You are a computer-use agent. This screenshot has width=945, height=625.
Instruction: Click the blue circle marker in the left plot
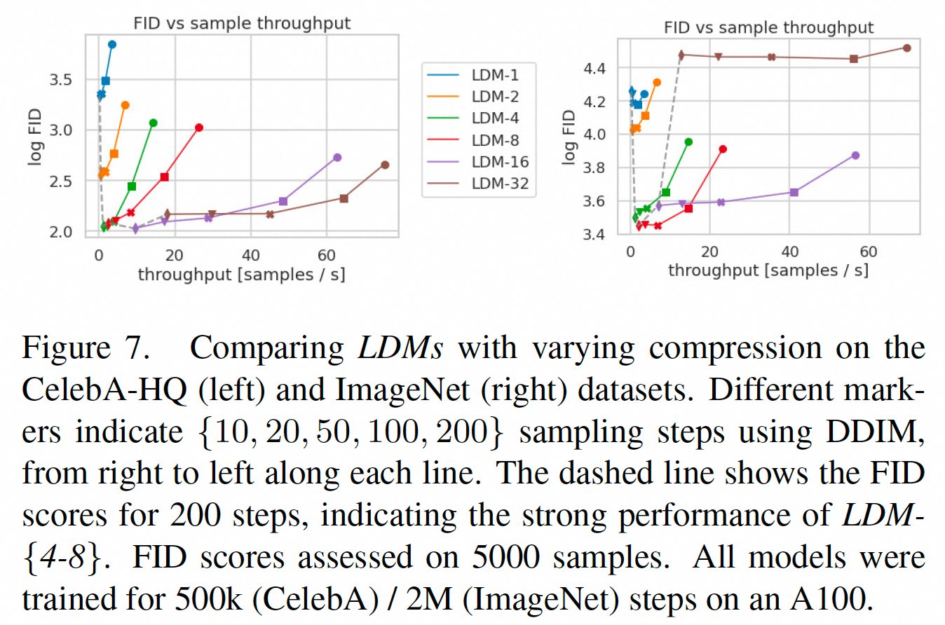112,44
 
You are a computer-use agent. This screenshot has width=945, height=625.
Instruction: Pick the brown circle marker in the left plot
385,165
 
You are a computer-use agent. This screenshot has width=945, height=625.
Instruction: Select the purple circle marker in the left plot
337,158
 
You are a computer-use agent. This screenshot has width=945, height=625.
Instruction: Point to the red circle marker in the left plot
199,128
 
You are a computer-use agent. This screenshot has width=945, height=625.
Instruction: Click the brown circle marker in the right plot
906,48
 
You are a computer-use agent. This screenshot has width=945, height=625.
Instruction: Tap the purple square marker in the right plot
794,192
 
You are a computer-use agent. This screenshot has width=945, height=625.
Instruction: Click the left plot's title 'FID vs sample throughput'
242,23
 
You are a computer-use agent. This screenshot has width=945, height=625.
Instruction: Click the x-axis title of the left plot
241,274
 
